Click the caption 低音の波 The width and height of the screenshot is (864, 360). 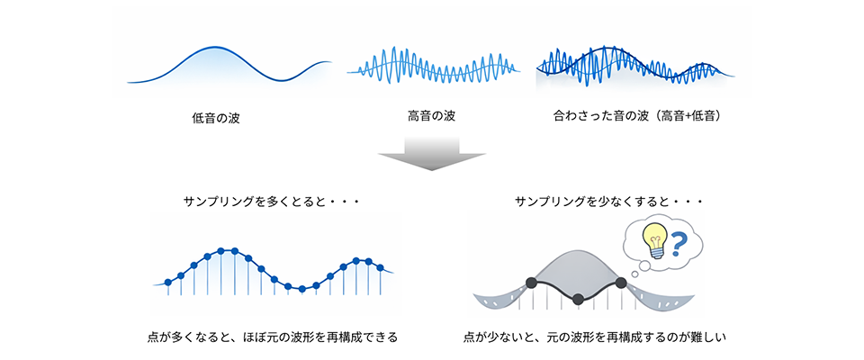tap(216, 118)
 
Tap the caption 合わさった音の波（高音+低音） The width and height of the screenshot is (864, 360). tap(640, 117)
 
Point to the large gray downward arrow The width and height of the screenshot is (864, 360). tap(432, 154)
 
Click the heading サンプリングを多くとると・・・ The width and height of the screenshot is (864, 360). tap(270, 201)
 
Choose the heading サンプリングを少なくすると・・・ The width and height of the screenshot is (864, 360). tap(607, 201)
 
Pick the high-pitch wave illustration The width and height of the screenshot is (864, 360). tap(437, 66)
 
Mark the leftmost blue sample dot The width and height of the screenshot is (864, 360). tap(168, 283)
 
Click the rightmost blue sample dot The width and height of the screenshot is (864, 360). tap(380, 267)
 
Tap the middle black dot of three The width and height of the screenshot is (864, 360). tap(577, 297)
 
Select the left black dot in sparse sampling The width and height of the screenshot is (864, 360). tap(531, 283)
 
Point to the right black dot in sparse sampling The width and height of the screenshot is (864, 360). tap(621, 283)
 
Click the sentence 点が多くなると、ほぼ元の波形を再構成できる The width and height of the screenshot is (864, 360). tap(272, 337)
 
